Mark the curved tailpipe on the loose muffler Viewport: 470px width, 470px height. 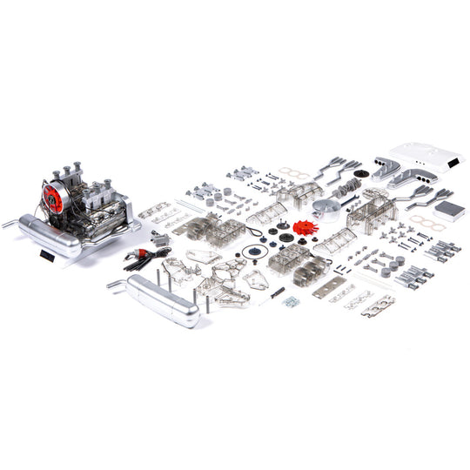pos(116,283)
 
